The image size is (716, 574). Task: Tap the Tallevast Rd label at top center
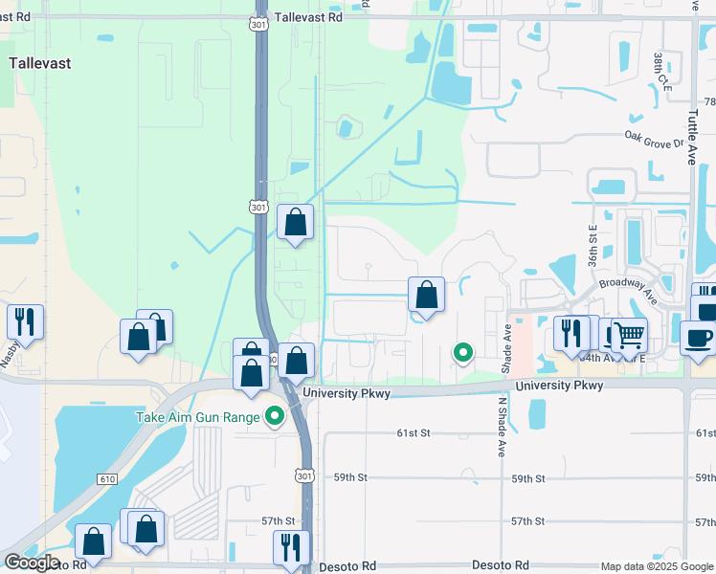pos(308,17)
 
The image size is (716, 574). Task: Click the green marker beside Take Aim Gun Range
pos(277,417)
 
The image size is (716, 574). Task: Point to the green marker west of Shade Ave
pos(463,353)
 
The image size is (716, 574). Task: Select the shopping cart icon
pos(629,335)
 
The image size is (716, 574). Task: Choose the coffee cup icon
pos(698,338)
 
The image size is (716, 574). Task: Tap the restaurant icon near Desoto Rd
pos(291,547)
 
